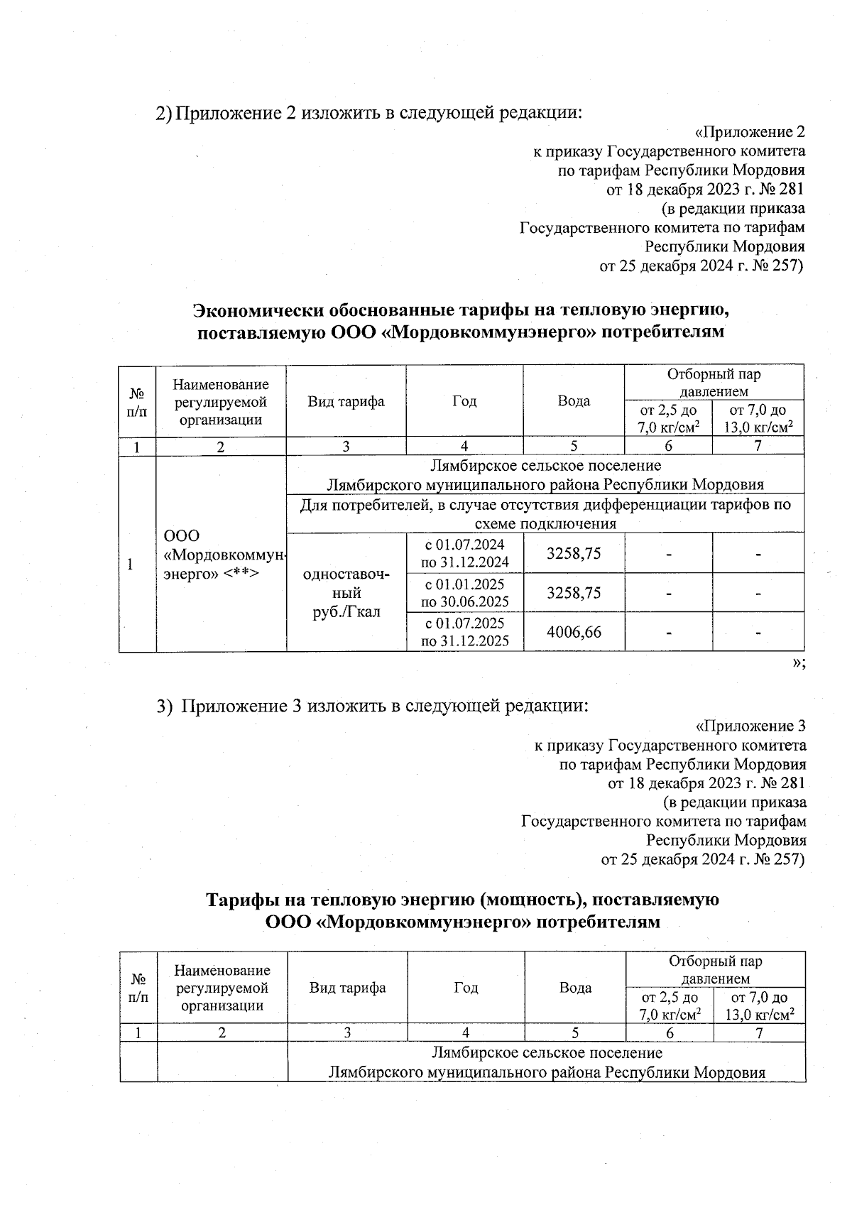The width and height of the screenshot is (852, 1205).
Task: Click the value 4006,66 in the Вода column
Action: coord(574,631)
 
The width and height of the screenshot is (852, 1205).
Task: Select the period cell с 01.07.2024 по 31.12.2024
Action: coord(464,553)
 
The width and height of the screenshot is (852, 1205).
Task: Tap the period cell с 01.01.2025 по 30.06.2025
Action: coord(464,592)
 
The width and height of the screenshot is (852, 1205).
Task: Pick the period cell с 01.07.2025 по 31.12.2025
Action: coord(464,631)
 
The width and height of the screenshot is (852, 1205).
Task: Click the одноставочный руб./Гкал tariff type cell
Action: coord(346,592)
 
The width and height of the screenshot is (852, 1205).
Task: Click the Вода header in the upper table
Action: coord(574,401)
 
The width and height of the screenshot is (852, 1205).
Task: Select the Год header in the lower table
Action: coord(466,988)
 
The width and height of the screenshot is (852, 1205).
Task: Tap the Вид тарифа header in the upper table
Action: coord(346,401)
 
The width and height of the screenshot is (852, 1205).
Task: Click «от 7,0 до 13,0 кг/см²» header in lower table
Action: coord(759,1005)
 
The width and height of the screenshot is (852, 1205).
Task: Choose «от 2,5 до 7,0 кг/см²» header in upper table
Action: coord(668,418)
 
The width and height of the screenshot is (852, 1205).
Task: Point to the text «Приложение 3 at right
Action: coord(750,726)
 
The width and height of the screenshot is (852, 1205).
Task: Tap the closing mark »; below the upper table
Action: coord(798,662)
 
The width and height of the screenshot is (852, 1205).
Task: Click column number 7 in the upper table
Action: coord(758,446)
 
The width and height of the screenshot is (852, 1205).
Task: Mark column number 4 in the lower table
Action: coord(466,1032)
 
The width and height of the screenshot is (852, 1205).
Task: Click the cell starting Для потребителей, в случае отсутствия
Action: coord(545,513)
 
